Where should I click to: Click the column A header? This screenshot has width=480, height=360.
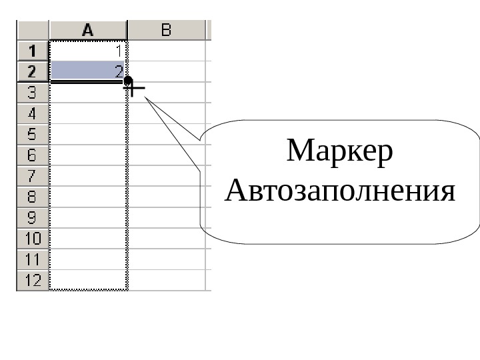pos(88,30)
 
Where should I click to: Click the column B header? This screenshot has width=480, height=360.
pos(166,30)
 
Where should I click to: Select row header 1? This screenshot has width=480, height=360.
pos(33,50)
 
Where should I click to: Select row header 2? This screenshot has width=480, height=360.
pos(33,71)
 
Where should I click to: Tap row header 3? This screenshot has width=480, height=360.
pos(33,92)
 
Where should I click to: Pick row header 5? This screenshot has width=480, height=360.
pos(33,134)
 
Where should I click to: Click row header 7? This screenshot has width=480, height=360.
pos(33,177)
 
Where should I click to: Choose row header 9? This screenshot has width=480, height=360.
pos(33,218)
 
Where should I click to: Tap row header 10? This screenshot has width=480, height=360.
pos(33,239)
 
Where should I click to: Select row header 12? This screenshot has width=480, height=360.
pos(33,281)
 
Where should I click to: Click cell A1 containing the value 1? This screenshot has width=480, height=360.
pos(88,50)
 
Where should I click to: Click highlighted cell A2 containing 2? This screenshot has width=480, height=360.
pos(88,71)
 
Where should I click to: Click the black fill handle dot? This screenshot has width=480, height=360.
pos(127,80)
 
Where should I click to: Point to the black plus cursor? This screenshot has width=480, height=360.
pos(135,87)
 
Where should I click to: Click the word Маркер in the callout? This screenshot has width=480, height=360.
pos(340,153)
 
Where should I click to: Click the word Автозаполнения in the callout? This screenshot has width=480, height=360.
pos(340,191)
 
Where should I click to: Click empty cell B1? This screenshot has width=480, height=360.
pos(167,50)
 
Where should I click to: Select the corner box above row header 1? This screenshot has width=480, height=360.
pos(33,30)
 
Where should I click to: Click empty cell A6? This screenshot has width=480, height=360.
pos(88,155)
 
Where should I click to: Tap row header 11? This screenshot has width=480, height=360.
pos(33,259)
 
